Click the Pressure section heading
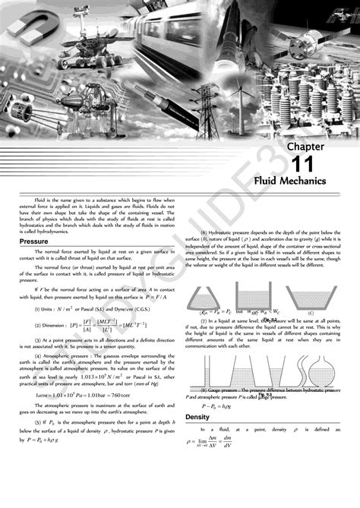click(33, 241)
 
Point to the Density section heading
click(197, 417)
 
